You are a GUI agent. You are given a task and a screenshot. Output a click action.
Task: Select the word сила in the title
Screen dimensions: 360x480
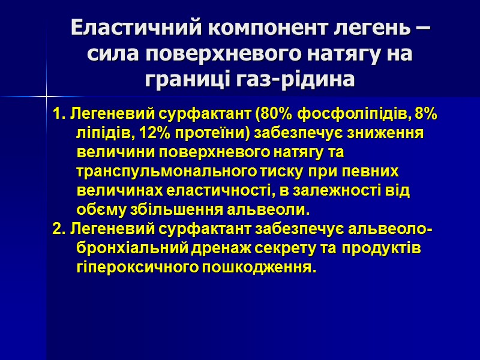(x=113, y=54)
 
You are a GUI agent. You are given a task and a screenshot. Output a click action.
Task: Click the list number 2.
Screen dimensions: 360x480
(x=57, y=230)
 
